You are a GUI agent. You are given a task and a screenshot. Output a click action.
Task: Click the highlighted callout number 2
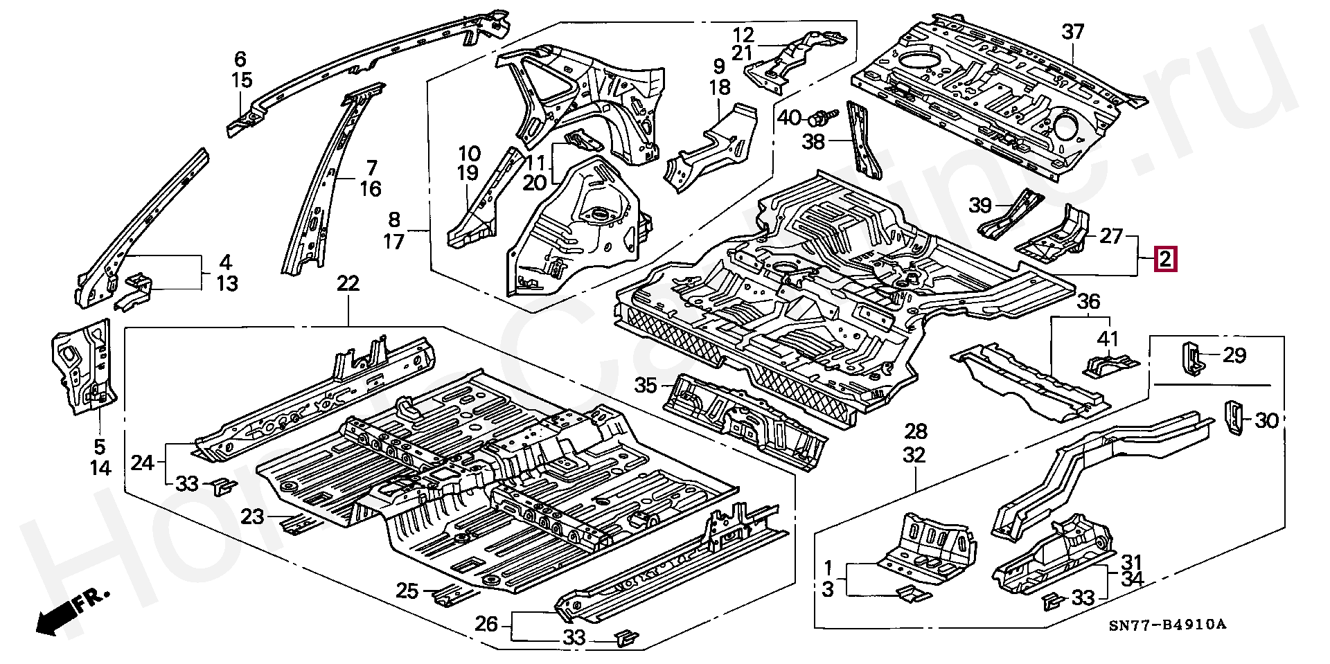point(1165,261)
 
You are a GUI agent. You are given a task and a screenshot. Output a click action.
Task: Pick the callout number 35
point(646,385)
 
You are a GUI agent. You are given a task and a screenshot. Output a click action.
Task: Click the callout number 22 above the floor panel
point(348,283)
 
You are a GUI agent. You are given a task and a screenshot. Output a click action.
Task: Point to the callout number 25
point(408,591)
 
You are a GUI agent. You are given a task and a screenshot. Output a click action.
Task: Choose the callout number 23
point(254,517)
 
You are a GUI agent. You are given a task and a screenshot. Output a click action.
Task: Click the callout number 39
point(979,206)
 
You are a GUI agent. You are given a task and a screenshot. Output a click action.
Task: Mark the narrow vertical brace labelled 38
point(860,147)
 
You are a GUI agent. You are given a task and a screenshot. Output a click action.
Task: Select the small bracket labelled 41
point(1110,364)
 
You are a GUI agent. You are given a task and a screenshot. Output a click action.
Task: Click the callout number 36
point(1089,301)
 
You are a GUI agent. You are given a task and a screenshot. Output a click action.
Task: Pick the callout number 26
point(487,625)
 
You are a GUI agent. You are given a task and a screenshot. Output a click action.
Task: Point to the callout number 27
point(1110,236)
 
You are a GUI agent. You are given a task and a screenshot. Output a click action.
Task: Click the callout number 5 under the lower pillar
point(100,447)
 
